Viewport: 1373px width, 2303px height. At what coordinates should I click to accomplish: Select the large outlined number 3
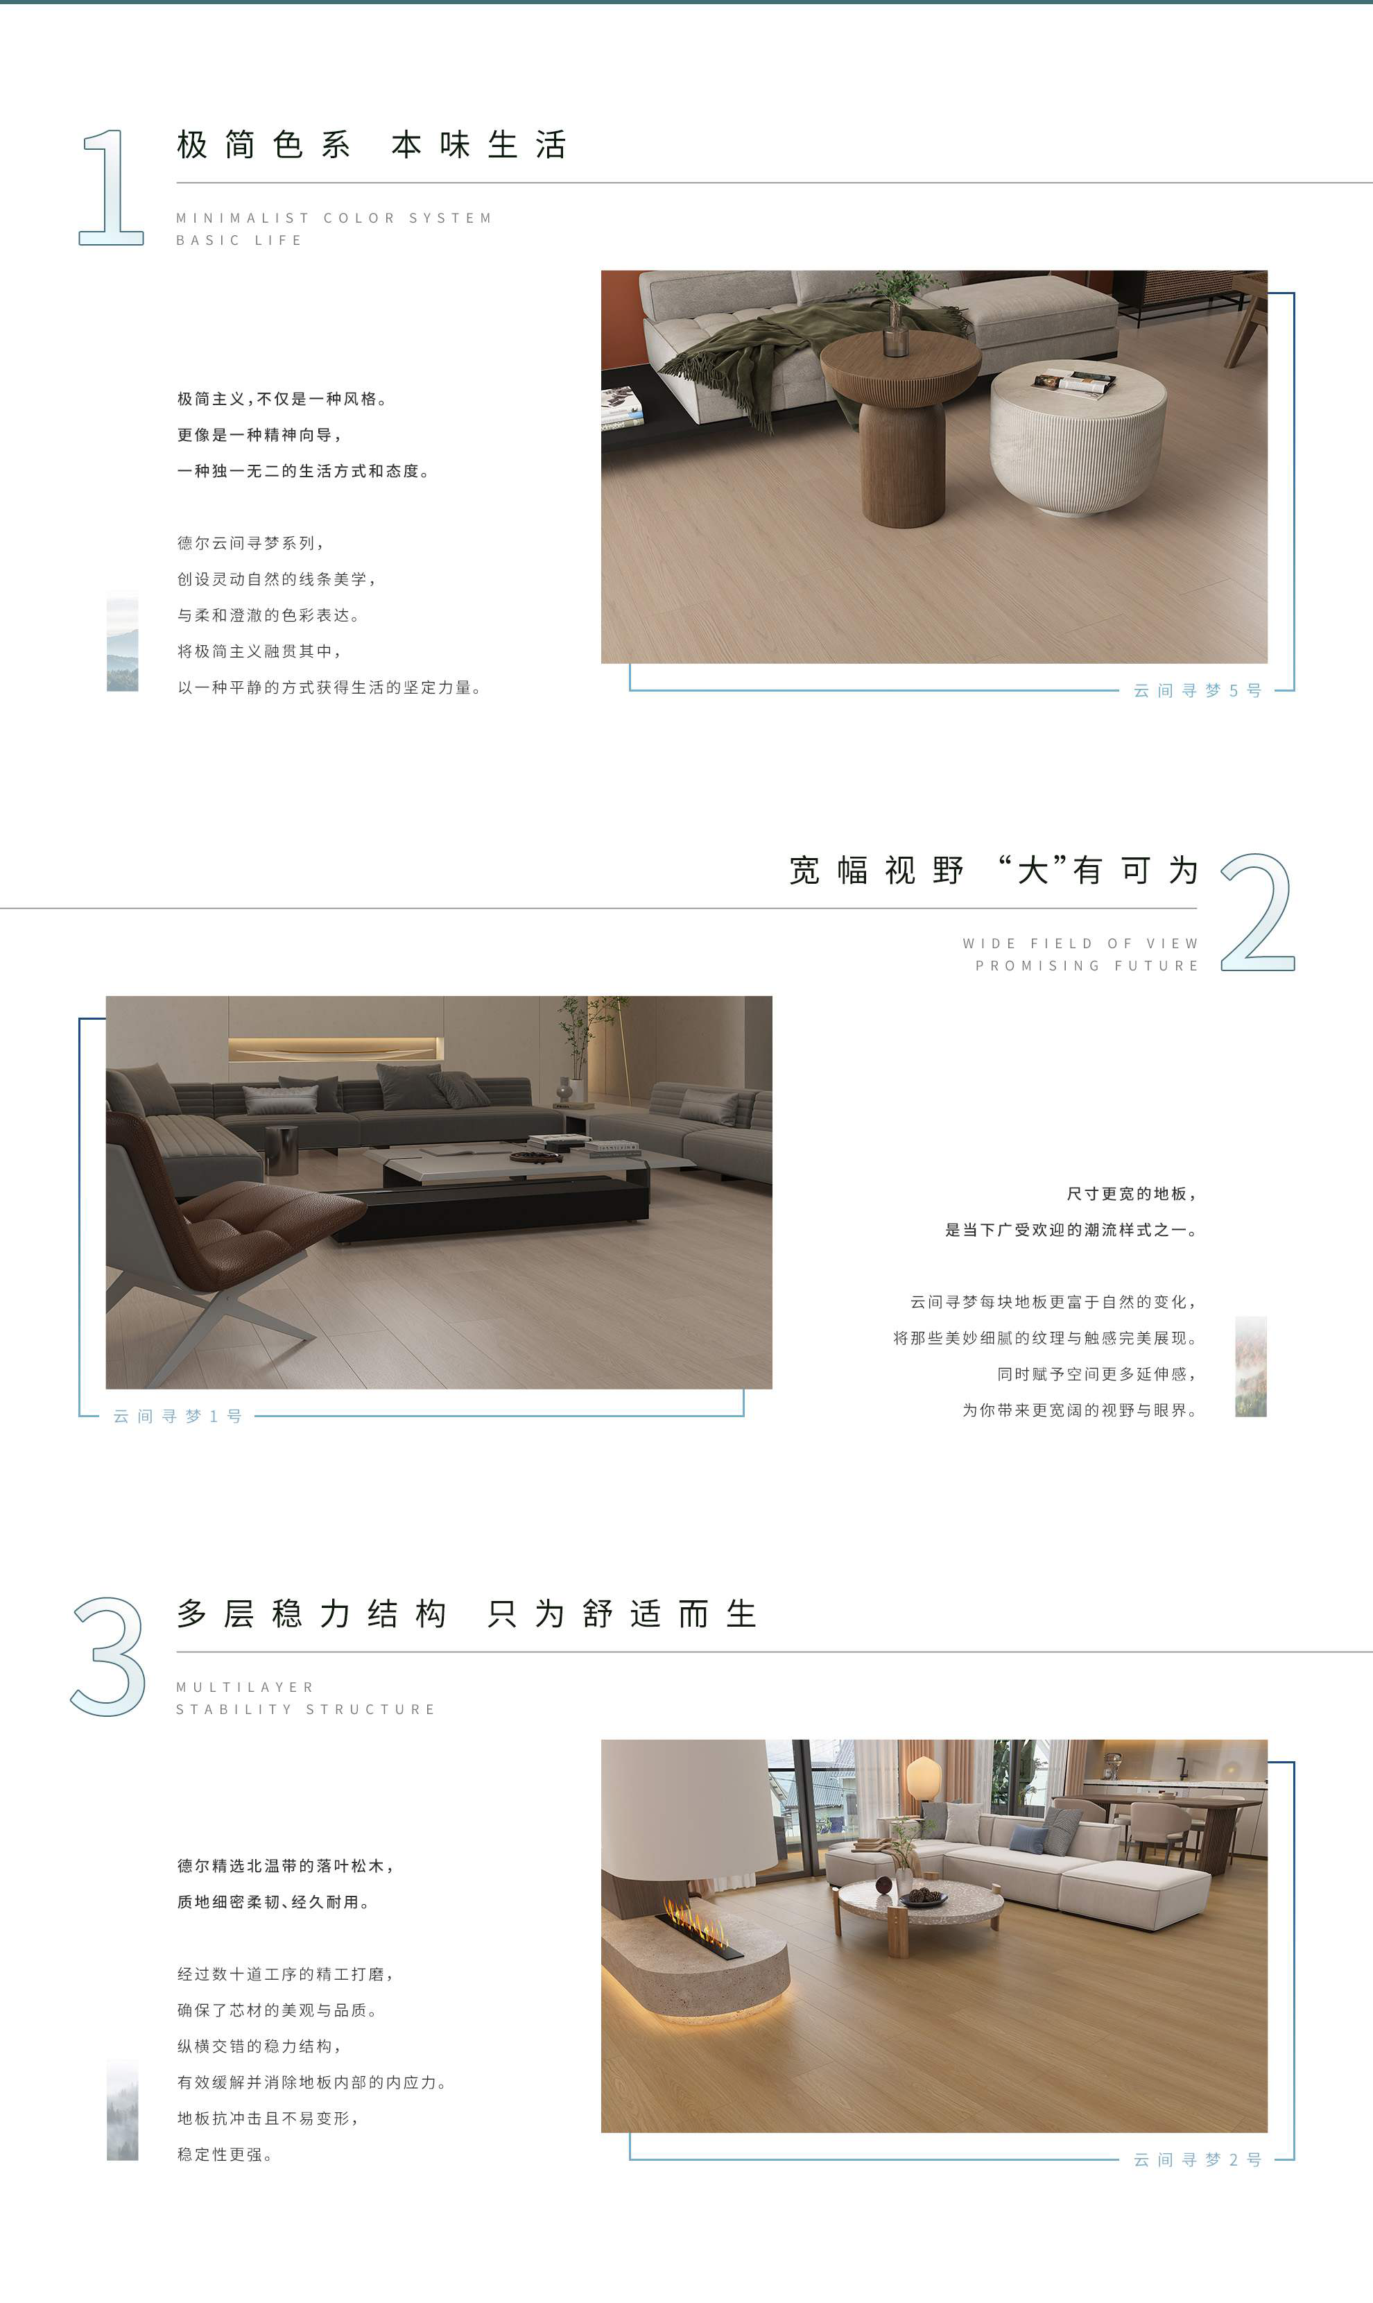(109, 1656)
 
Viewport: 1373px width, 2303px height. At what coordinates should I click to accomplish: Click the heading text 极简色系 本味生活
(371, 145)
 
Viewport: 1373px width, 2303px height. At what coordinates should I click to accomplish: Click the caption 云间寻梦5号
(1197, 690)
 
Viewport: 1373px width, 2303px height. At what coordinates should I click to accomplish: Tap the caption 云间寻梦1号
(178, 1416)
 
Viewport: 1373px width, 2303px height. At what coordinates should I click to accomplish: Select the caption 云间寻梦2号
(1197, 2159)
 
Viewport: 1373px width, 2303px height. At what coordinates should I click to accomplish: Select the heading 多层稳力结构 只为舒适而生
(467, 1615)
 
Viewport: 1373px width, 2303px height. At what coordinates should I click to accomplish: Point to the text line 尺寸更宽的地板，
(1132, 1195)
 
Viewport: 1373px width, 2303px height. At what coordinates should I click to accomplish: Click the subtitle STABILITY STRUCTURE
(305, 1709)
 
